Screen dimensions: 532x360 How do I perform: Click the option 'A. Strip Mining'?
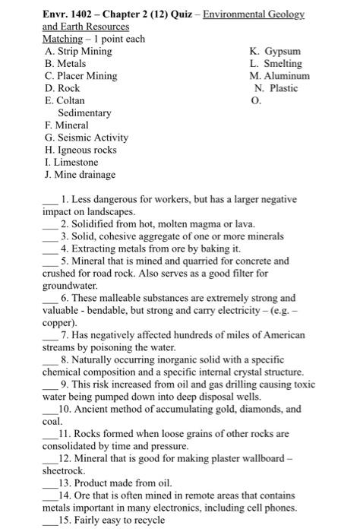[x=78, y=51]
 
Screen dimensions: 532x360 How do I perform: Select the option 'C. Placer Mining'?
[x=81, y=76]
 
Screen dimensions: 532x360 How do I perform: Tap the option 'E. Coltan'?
[x=65, y=100]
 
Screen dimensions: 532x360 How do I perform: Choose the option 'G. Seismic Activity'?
[x=87, y=138]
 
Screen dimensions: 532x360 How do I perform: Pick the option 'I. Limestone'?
[x=72, y=162]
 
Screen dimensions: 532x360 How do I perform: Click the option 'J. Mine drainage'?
[x=80, y=174]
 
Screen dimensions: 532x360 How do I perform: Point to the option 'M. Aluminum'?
[x=279, y=76]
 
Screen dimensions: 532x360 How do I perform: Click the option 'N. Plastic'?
[x=276, y=88]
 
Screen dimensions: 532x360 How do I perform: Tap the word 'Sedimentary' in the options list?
[x=84, y=112]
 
